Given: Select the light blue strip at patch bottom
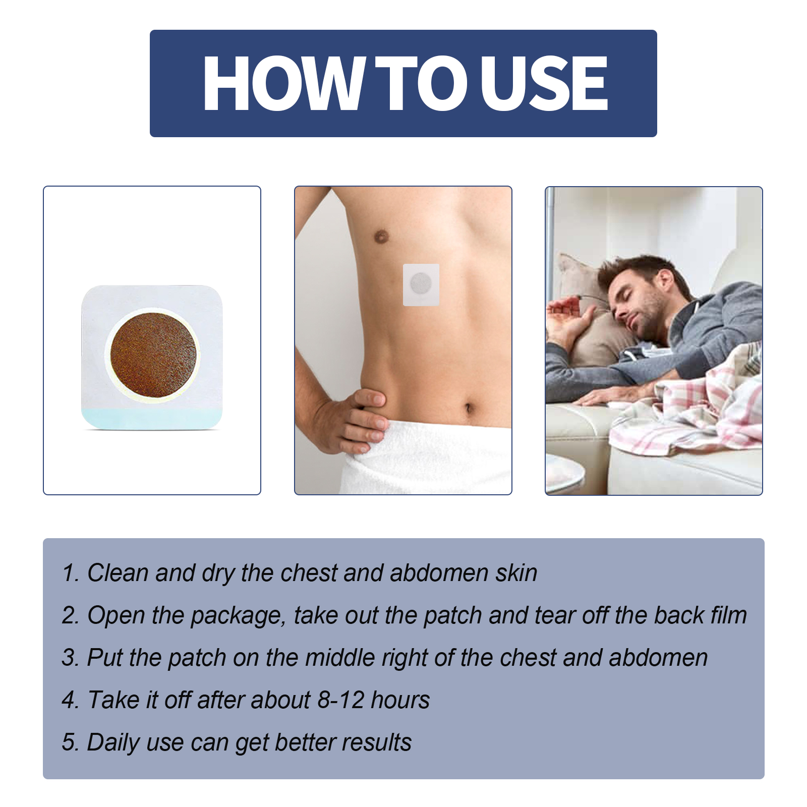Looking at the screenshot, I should click(151, 418).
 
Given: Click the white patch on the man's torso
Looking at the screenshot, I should click(421, 284).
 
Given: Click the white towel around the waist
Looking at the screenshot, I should click(429, 459).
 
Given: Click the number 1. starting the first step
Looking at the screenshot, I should click(70, 573).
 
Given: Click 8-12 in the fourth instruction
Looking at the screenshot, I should click(340, 700).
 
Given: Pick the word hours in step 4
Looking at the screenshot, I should click(400, 700).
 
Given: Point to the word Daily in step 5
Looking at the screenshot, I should click(113, 743).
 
